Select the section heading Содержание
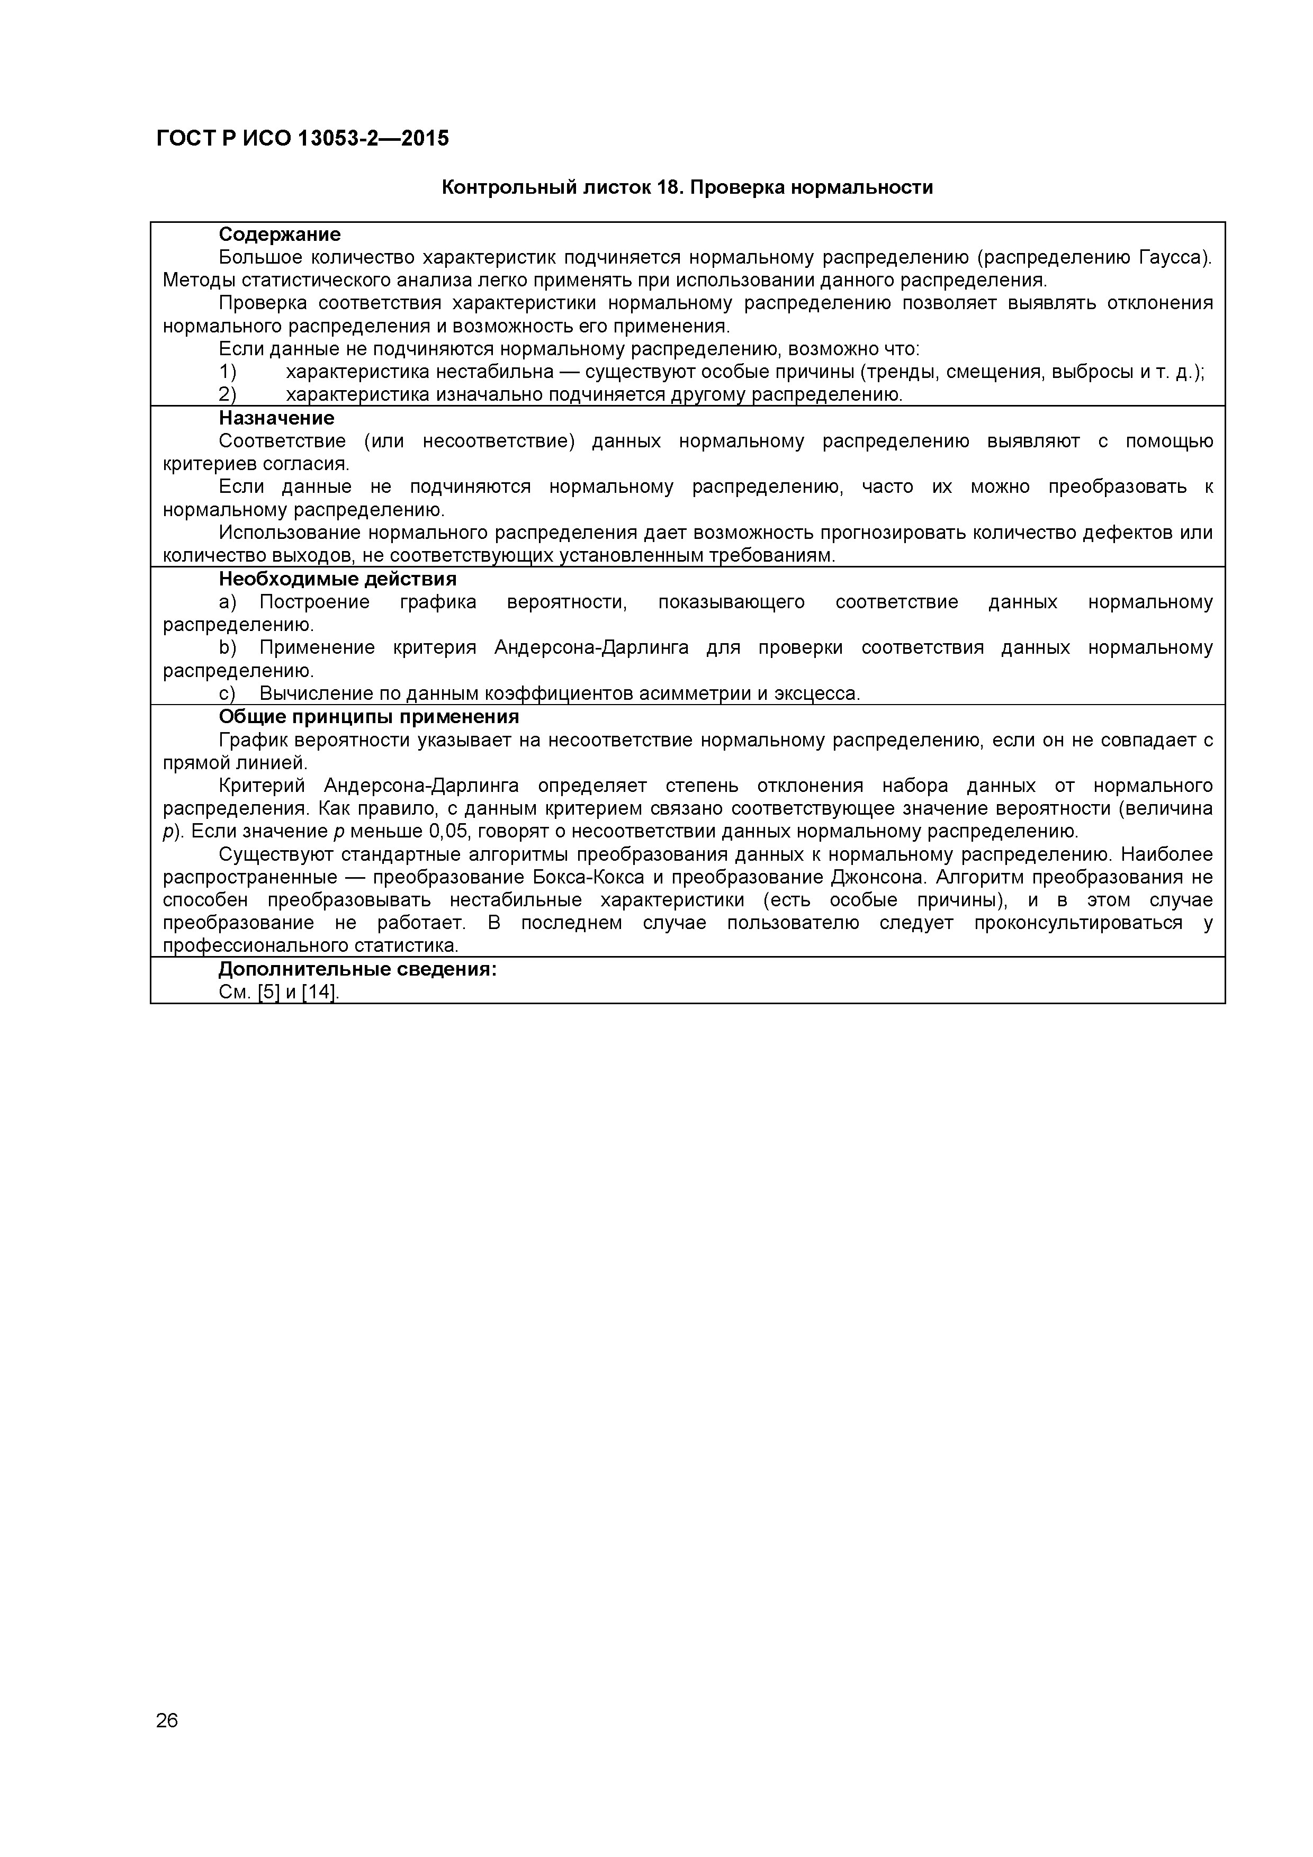click(279, 235)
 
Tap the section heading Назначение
click(276, 418)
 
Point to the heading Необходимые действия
click(337, 579)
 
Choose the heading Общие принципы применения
click(368, 717)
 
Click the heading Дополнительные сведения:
click(357, 969)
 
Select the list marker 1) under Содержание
click(227, 372)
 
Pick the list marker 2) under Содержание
click(227, 395)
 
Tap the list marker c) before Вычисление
click(227, 694)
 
